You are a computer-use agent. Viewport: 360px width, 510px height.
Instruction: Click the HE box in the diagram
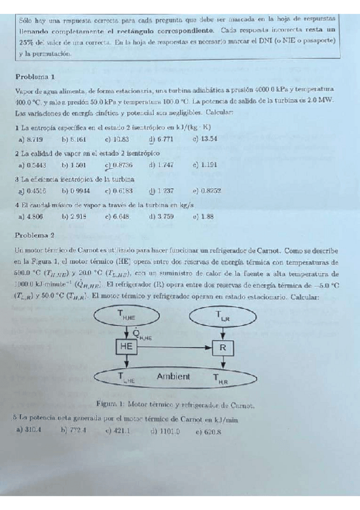click(x=127, y=347)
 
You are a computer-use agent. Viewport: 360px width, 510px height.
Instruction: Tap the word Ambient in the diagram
click(x=173, y=377)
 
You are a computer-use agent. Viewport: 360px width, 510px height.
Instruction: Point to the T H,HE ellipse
click(x=128, y=315)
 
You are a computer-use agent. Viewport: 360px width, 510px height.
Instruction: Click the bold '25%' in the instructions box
click(x=27, y=42)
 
